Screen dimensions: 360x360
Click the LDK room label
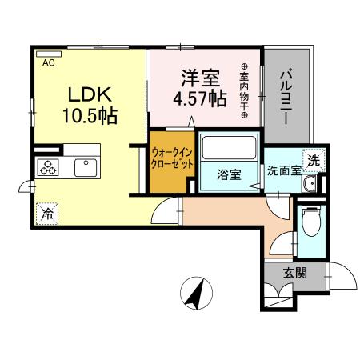click(x=89, y=93)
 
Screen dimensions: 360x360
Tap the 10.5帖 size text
click(x=90, y=116)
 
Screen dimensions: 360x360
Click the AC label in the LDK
click(x=48, y=62)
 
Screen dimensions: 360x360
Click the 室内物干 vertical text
click(x=243, y=93)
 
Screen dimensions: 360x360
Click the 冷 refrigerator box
click(x=48, y=214)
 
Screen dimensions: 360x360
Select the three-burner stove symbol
click(x=48, y=167)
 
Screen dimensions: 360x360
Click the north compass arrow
click(x=194, y=293)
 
